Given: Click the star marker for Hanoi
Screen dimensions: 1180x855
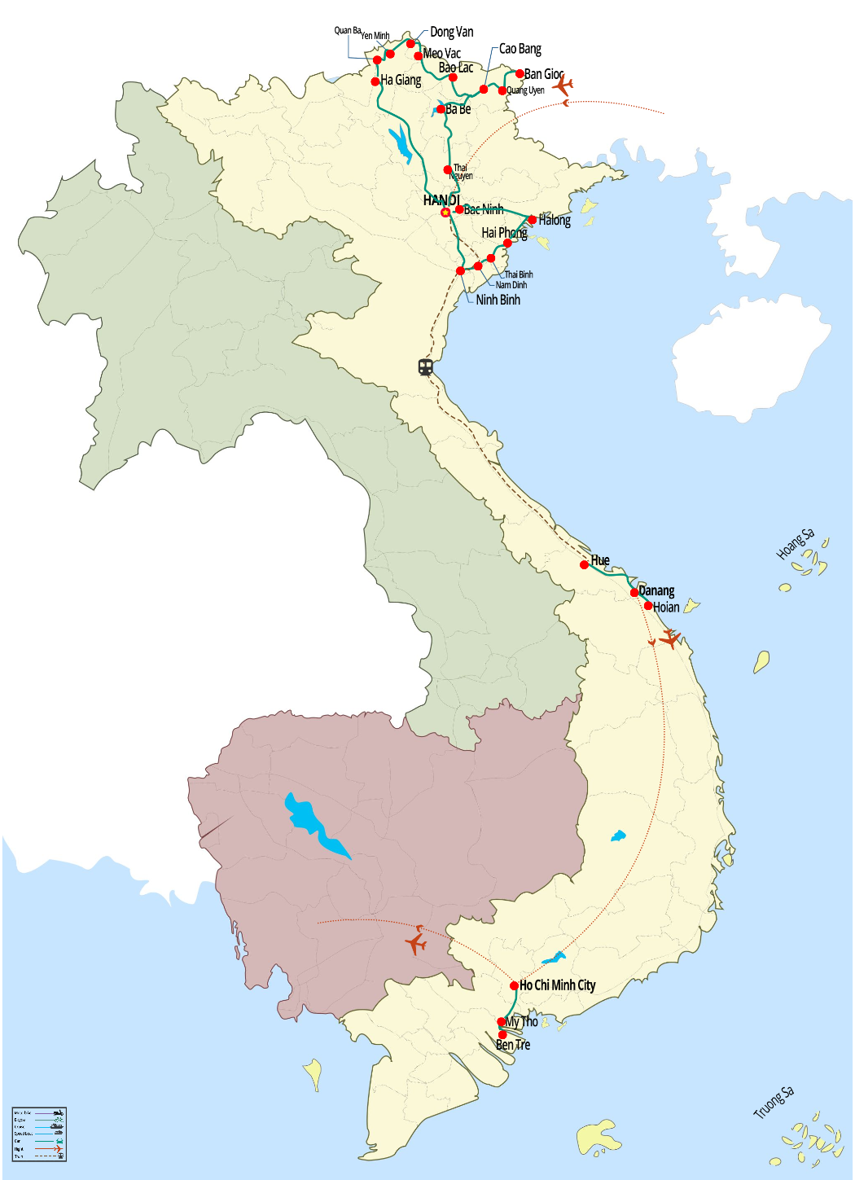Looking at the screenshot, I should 445,213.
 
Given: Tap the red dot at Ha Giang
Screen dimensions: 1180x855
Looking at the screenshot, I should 375,81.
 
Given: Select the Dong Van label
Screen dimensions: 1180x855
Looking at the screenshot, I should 451,32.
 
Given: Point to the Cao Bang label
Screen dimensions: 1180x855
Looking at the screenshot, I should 520,49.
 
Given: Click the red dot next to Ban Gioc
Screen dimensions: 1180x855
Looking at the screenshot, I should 520,74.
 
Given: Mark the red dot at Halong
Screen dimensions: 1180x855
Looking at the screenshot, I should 532,220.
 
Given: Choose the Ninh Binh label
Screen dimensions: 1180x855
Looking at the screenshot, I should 498,300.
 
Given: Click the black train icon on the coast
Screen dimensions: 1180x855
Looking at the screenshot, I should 425,367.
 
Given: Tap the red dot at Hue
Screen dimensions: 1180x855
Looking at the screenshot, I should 584,564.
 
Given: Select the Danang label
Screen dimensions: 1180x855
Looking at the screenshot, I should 656,590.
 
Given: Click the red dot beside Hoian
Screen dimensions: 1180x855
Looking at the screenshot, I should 648,606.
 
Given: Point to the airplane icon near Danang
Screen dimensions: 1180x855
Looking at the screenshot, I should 669,638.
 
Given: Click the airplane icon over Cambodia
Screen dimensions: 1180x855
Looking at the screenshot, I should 416,943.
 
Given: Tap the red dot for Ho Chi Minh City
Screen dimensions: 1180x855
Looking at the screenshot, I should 514,985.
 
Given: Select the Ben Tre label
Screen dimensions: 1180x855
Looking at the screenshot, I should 513,1045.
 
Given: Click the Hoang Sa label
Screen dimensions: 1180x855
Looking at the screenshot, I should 795,544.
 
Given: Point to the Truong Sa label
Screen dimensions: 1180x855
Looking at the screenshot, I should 773,1103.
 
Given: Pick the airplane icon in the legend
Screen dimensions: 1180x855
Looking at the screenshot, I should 59,1149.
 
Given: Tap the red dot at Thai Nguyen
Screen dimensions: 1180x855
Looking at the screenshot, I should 448,170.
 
